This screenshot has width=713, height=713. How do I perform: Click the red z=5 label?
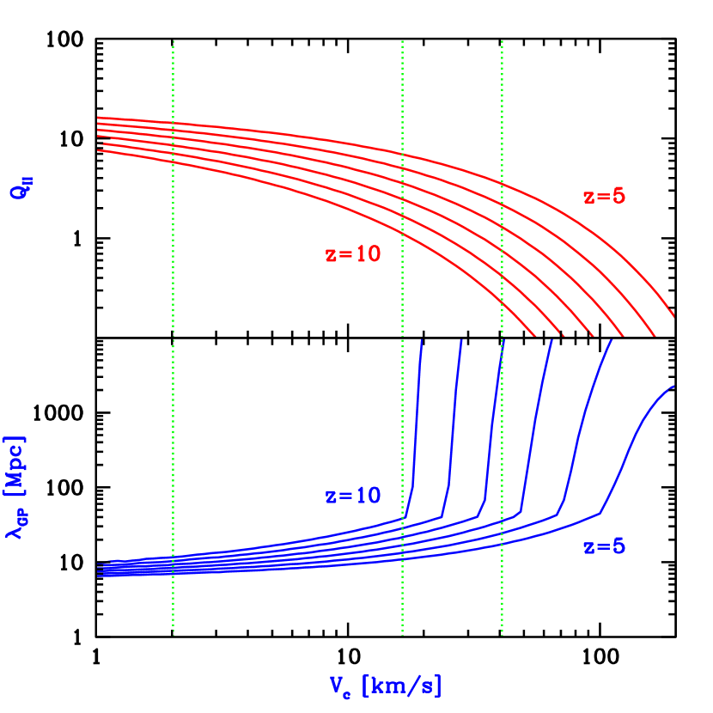pyautogui.click(x=604, y=196)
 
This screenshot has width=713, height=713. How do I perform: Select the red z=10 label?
pyautogui.click(x=352, y=254)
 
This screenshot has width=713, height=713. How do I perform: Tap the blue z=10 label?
pyautogui.click(x=352, y=496)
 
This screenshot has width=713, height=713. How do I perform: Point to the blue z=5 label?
pyautogui.click(x=604, y=547)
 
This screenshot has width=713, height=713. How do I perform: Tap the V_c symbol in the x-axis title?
pyautogui.click(x=341, y=686)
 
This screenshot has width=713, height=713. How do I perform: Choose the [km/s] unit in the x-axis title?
pyautogui.click(x=402, y=686)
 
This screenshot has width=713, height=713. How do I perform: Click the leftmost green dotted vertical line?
pyautogui.click(x=174, y=258)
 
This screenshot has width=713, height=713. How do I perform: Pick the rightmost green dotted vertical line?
pyautogui.click(x=502, y=258)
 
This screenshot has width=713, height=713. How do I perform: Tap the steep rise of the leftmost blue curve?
pyautogui.click(x=417, y=412)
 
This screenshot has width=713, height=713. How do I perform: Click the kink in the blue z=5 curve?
pyautogui.click(x=600, y=513)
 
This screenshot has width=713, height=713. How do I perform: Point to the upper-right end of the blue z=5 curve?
pyautogui.click(x=673, y=387)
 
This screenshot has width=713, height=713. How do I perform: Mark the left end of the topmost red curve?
pyautogui.click(x=99, y=117)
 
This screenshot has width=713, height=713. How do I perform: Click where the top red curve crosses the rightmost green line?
pyautogui.click(x=502, y=182)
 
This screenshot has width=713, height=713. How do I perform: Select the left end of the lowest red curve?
pyautogui.click(x=99, y=150)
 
